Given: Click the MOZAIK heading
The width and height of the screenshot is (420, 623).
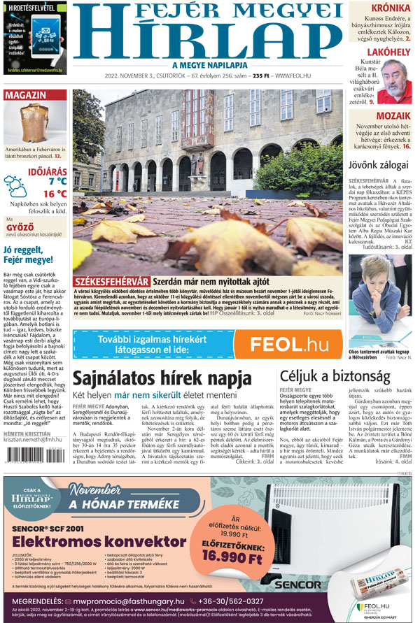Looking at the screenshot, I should click(x=392, y=116).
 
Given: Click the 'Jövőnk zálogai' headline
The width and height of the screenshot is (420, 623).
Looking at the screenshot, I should click(x=378, y=165).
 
